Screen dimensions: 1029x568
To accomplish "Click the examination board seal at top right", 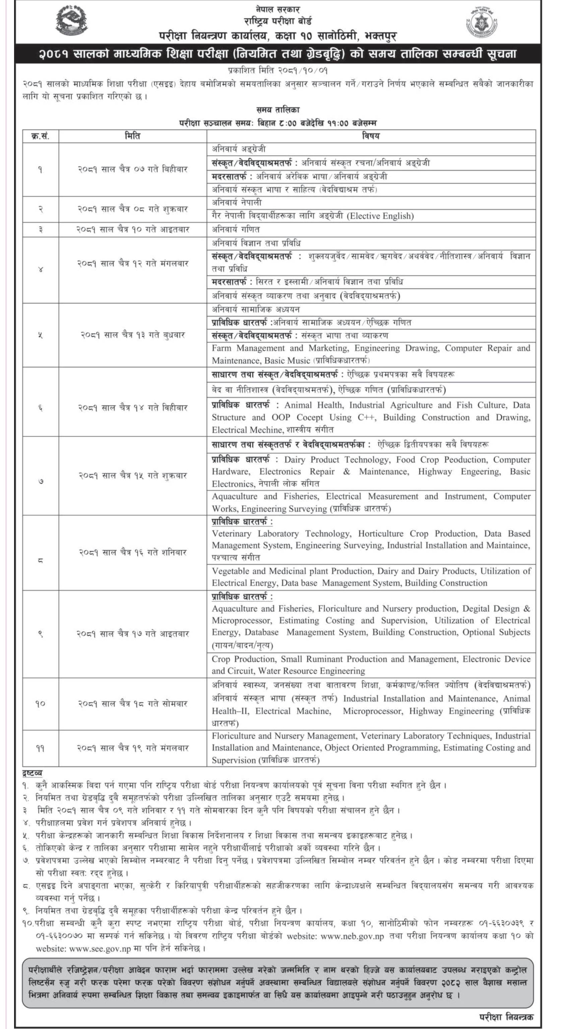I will click(482, 22).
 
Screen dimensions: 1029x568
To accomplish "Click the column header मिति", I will click(132, 136).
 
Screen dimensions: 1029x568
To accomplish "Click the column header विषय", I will click(371, 136).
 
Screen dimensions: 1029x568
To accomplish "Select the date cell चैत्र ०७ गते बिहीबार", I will click(132, 169).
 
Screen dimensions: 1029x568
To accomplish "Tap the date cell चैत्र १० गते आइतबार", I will click(132, 230).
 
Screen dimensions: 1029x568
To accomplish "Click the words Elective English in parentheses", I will click(380, 216).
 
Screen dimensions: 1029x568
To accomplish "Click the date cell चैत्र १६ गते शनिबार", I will click(132, 552).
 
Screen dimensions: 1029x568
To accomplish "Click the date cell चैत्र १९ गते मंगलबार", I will click(132, 748).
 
